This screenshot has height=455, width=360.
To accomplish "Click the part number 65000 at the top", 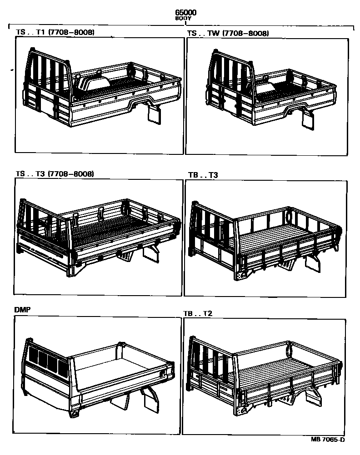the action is coord(186,13).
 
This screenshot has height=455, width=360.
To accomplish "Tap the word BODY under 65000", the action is coord(186,19).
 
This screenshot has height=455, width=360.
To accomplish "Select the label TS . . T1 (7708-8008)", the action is coord(55,33).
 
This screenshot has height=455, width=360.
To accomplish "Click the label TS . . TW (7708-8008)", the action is coord(228,33).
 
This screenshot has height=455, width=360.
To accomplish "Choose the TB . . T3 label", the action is coord(203,175).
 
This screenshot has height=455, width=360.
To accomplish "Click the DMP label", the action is coord(22,310).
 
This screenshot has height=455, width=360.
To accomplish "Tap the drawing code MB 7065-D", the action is coord(328,440).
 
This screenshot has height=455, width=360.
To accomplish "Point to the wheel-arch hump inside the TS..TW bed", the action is coord(266,87).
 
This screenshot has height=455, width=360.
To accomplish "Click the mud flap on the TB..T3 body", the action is coord(313,263).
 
